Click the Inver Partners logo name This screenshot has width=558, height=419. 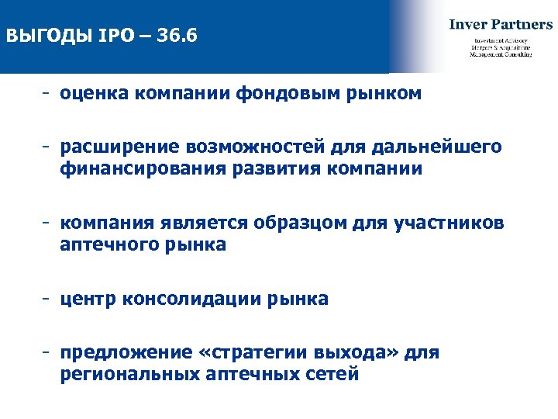[501, 24]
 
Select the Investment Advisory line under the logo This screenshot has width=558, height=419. [501, 40]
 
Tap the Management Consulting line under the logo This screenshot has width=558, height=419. [501, 55]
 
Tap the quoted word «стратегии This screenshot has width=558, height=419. [253, 353]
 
